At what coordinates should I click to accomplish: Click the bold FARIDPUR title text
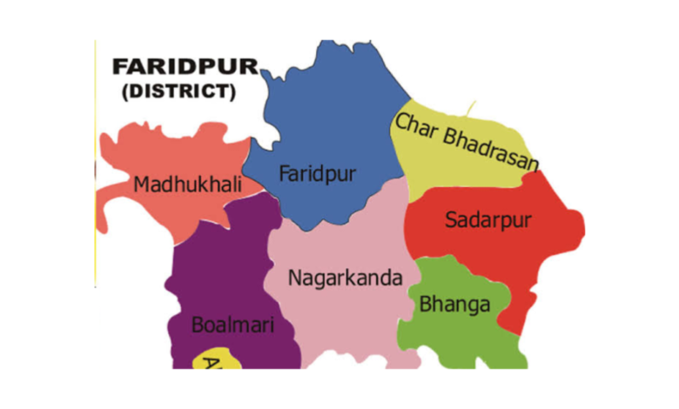coord(185,68)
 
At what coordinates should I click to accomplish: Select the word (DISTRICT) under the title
coord(179,91)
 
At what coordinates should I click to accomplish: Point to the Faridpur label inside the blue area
coord(318,173)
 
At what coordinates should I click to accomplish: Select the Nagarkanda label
coord(346,278)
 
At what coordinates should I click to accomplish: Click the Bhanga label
coord(454,305)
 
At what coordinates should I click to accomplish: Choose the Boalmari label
coord(232,326)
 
